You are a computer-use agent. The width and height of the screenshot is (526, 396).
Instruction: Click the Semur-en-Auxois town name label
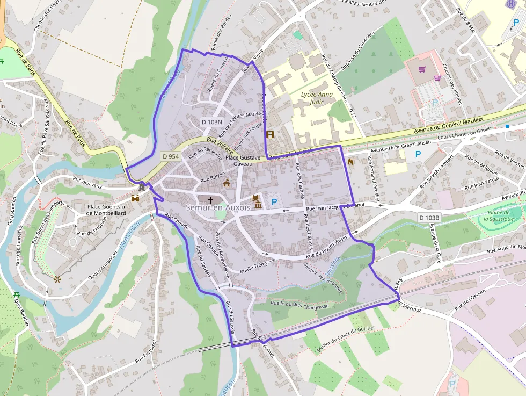[218, 207]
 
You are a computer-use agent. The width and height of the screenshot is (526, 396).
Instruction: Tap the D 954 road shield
[171, 156]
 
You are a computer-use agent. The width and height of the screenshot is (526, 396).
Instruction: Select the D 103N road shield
[212, 122]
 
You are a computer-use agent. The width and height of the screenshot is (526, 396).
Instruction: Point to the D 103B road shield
[429, 218]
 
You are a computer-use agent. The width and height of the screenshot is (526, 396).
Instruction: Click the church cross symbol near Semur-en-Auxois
[210, 199]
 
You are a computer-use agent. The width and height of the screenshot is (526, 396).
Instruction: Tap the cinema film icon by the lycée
[269, 134]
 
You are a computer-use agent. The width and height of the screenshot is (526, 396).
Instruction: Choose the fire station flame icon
[351, 161]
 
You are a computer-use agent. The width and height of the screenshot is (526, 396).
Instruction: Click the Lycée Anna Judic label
[317, 98]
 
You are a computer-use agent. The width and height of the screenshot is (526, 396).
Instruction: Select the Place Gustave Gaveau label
[243, 160]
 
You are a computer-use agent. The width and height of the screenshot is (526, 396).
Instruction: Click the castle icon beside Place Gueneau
[135, 198]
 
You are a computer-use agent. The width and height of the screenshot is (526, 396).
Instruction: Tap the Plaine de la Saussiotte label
[499, 215]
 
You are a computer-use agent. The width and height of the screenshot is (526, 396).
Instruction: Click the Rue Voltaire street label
[220, 146]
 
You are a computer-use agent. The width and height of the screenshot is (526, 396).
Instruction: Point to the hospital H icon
[510, 3]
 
